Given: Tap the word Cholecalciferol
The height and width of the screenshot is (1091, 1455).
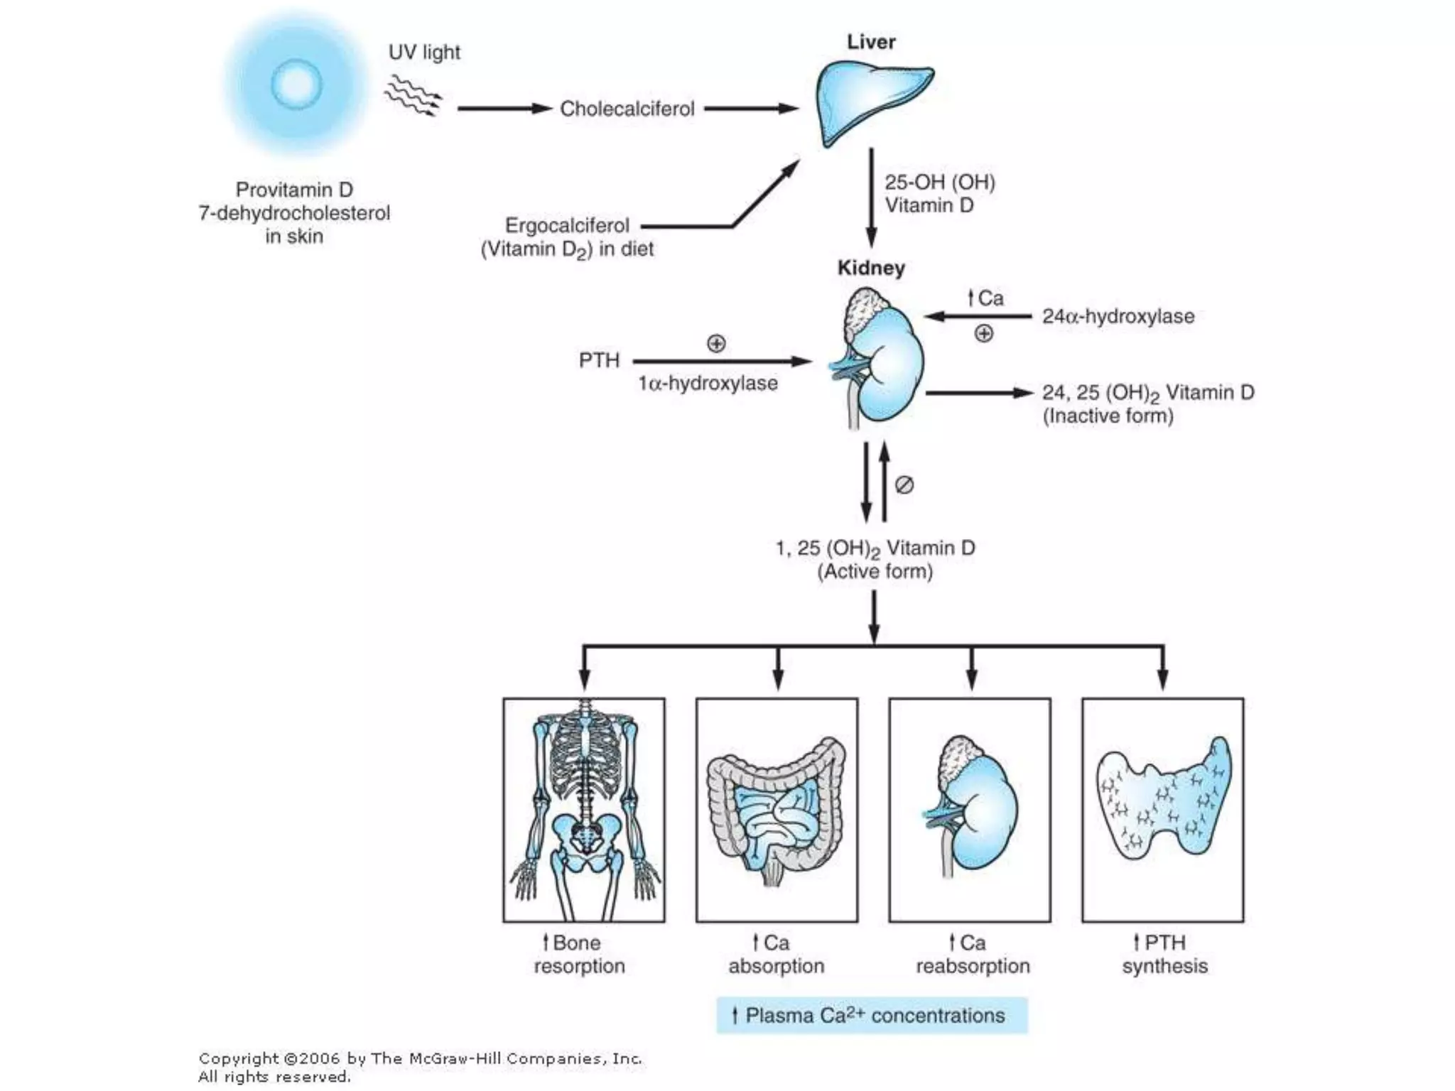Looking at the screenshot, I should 627,109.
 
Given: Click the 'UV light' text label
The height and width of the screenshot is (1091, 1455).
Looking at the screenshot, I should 424,53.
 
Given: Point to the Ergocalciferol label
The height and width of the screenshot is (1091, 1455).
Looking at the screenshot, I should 567,226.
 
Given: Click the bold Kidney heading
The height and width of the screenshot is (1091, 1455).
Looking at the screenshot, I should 871,268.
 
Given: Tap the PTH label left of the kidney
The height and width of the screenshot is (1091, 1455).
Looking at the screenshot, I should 599,361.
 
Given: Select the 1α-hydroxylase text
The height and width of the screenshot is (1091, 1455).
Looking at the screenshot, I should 708,384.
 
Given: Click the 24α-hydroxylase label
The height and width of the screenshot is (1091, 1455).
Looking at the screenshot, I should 1118,316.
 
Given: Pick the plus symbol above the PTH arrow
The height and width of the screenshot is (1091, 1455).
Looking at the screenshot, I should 716,344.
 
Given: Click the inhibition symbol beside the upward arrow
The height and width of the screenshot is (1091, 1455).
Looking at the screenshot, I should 904,485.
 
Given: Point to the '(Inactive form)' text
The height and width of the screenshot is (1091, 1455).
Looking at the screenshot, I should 1108,416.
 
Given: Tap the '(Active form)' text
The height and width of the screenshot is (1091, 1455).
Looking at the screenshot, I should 875,572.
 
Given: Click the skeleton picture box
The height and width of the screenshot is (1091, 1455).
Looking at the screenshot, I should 584,810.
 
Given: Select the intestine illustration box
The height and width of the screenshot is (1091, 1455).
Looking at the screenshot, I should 777,810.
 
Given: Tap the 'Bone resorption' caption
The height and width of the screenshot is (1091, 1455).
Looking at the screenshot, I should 580,954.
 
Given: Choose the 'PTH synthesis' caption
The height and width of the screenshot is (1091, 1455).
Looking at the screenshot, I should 1164,954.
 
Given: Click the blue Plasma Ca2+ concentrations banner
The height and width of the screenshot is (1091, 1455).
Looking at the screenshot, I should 872,1015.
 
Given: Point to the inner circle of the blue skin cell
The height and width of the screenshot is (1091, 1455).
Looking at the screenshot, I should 296,84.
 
